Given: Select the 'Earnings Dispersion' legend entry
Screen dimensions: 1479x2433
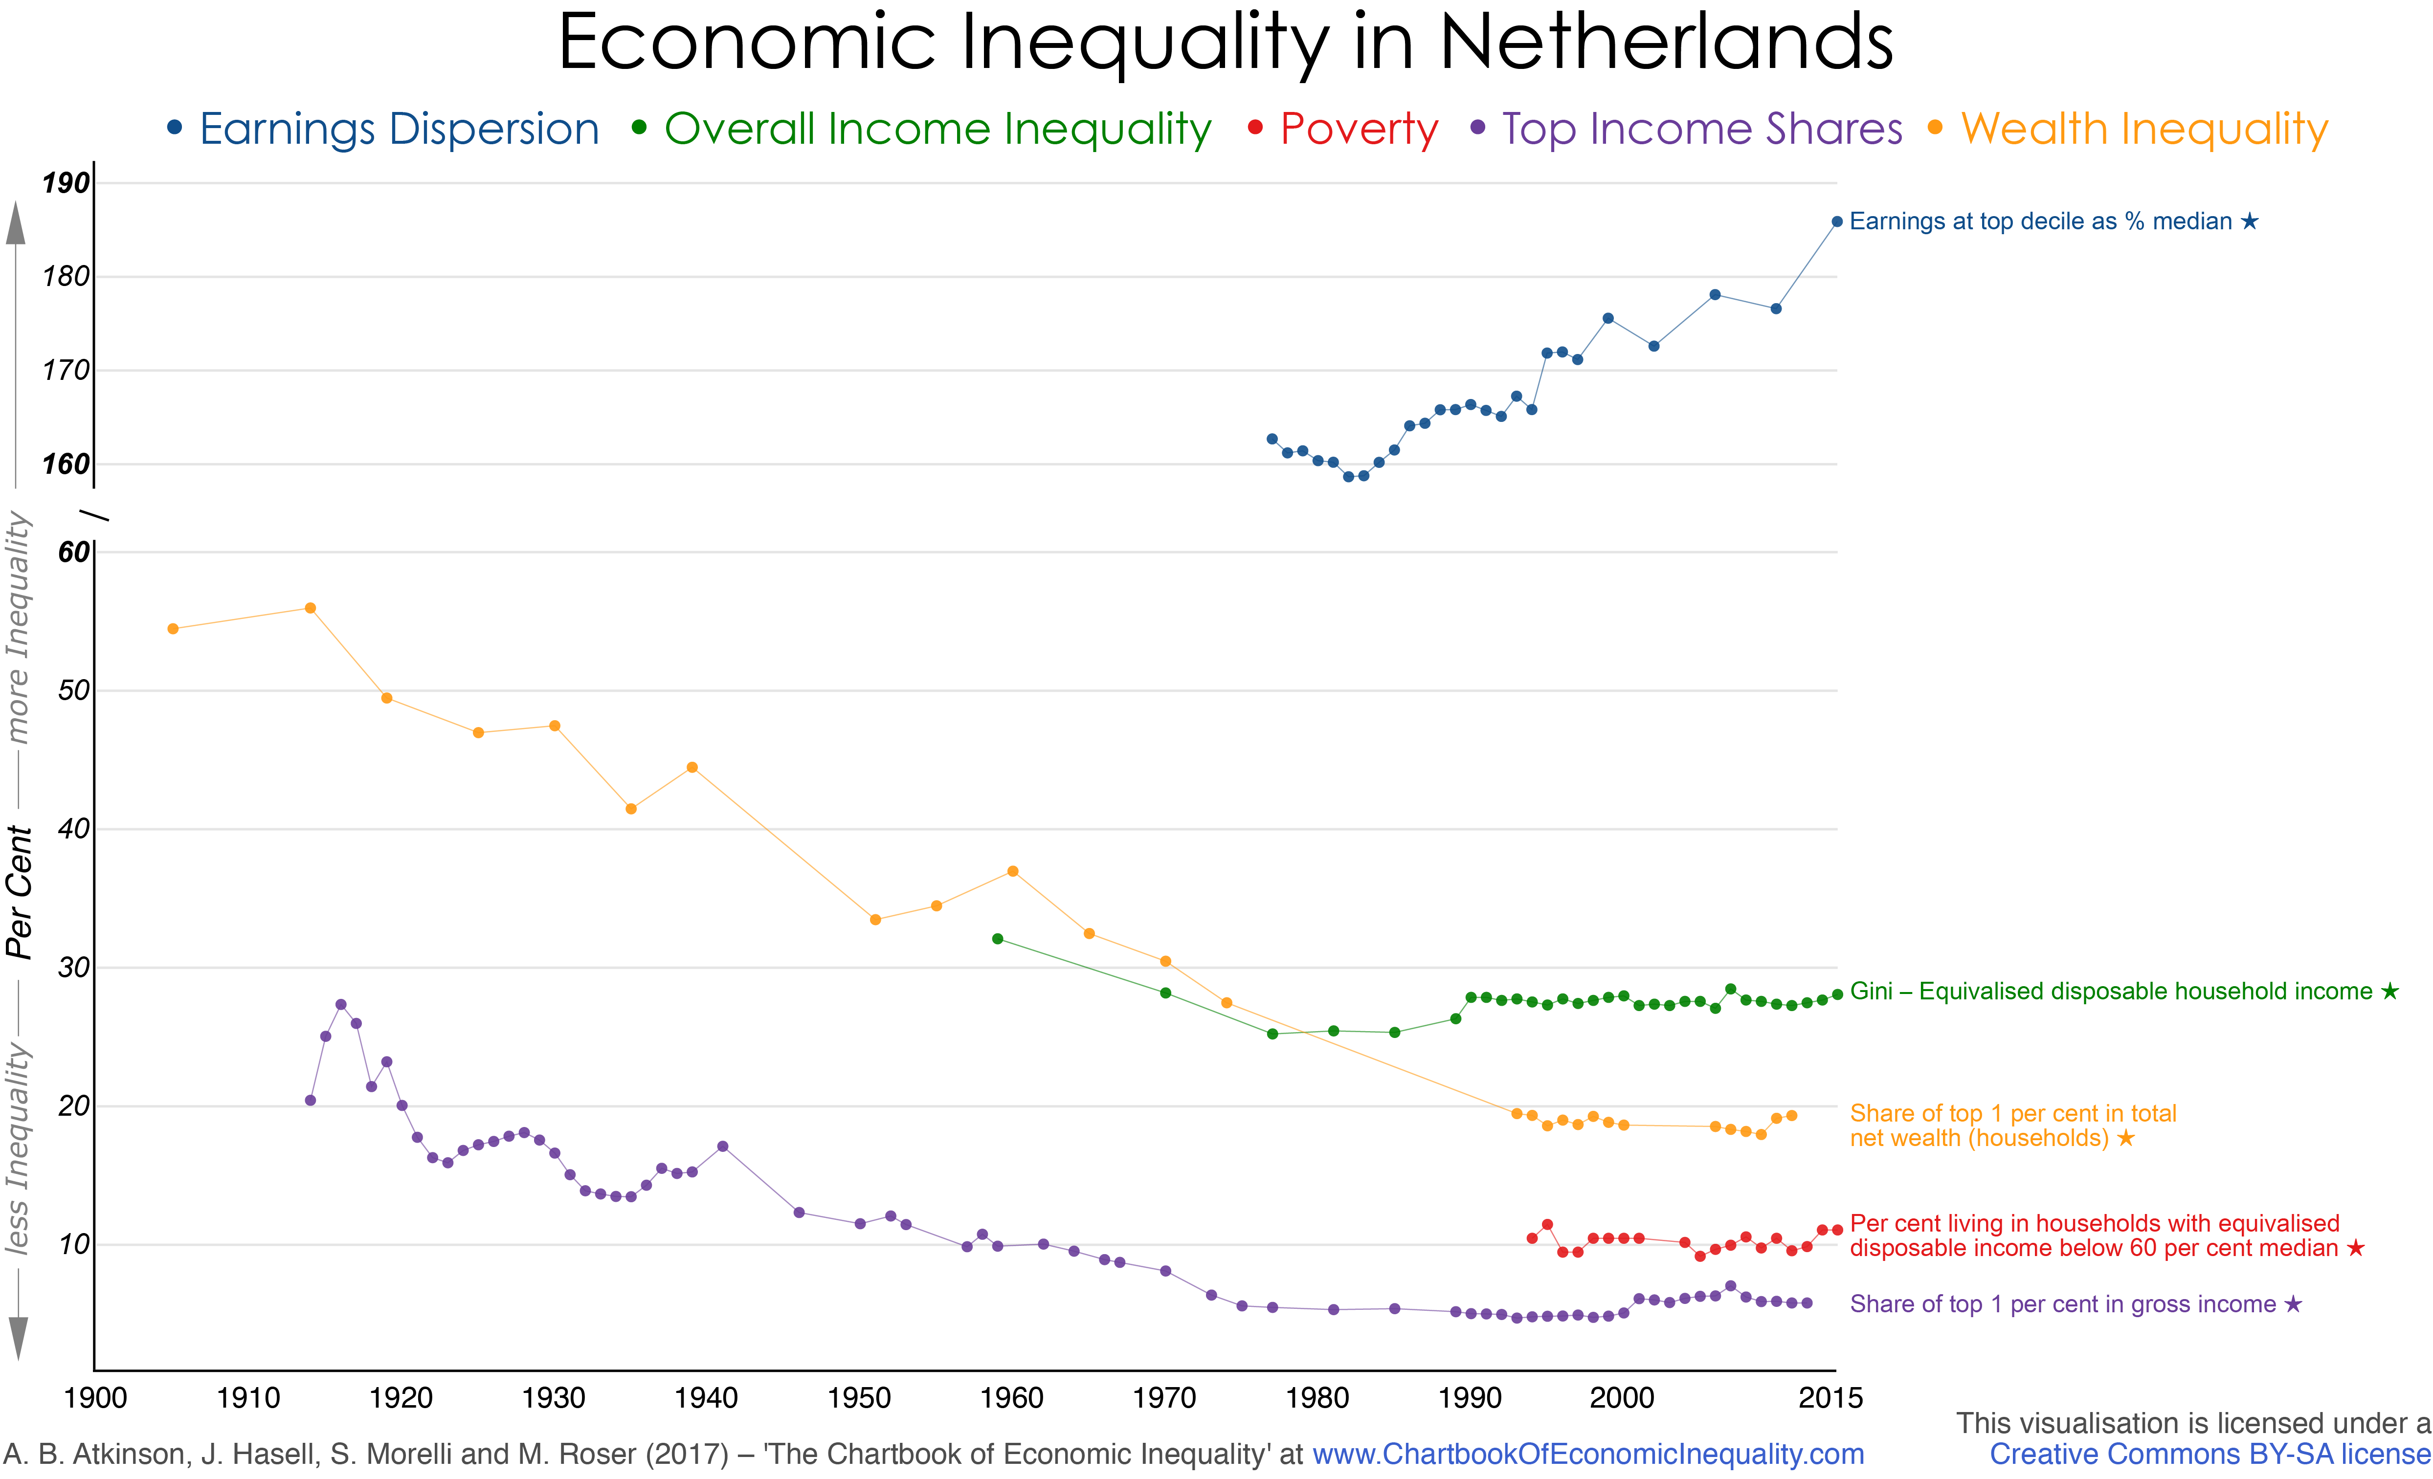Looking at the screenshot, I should (398, 130).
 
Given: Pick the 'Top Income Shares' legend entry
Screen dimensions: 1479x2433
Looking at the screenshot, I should (1701, 130).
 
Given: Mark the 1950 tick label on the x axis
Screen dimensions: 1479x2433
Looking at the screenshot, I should (859, 1398).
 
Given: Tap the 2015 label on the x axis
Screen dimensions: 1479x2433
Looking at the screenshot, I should (1830, 1398).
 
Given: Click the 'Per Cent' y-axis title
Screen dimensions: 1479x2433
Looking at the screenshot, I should (20, 891).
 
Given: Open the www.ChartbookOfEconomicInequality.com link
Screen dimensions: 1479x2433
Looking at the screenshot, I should (1588, 1455).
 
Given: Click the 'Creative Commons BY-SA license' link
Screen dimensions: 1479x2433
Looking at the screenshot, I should (2209, 1455).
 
